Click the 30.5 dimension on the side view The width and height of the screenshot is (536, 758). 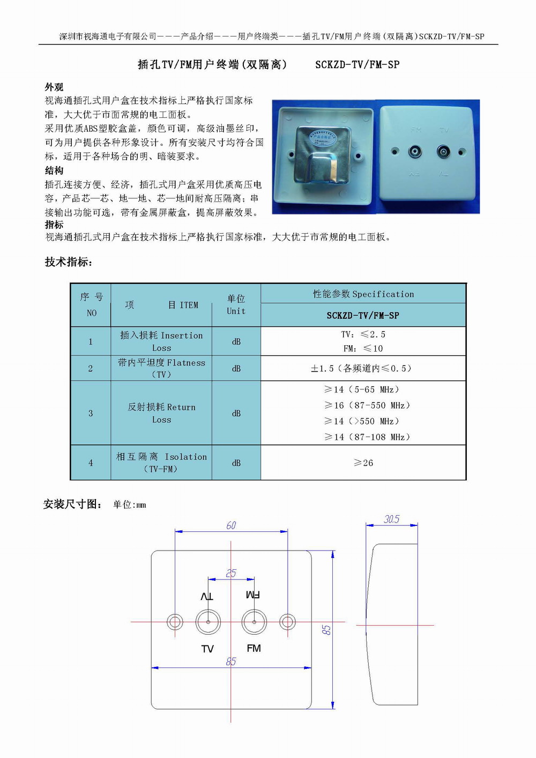pyautogui.click(x=392, y=519)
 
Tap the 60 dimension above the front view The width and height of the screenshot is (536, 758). pyautogui.click(x=231, y=525)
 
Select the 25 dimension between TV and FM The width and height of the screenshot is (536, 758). pyautogui.click(x=231, y=573)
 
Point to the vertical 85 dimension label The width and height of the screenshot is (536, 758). pyautogui.click(x=326, y=629)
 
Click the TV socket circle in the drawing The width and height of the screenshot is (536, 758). pyautogui.click(x=208, y=622)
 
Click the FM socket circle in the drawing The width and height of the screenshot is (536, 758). pyautogui.click(x=254, y=622)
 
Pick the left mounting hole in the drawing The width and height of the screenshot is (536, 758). pyautogui.click(x=175, y=622)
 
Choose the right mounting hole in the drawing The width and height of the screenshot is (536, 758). pyautogui.click(x=287, y=622)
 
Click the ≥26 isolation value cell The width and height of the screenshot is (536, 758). pyautogui.click(x=363, y=463)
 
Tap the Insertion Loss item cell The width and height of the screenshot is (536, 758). pyautogui.click(x=161, y=341)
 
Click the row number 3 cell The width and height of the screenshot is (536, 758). pyautogui.click(x=91, y=413)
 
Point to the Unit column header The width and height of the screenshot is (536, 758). pyautogui.click(x=236, y=305)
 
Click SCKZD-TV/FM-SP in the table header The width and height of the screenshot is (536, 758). pyautogui.click(x=363, y=315)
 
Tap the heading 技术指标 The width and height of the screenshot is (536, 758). pyautogui.click(x=69, y=262)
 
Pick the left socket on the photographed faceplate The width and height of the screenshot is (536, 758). pyautogui.click(x=415, y=151)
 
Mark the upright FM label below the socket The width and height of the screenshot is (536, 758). pyautogui.click(x=254, y=648)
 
